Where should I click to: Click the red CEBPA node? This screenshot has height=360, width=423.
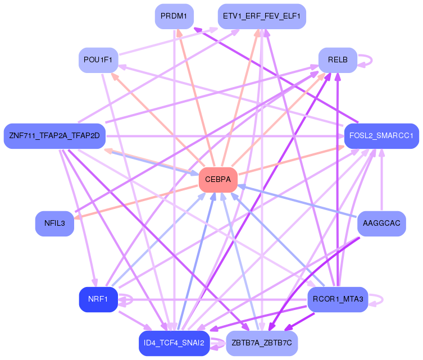(x=218, y=180)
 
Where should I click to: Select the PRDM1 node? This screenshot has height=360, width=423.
(x=174, y=16)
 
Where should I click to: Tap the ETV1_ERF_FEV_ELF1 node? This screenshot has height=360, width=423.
(x=262, y=16)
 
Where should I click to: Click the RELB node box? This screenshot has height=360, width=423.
(x=338, y=60)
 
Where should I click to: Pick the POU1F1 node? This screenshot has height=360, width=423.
(x=98, y=60)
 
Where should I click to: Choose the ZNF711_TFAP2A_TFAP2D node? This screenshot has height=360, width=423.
(x=54, y=136)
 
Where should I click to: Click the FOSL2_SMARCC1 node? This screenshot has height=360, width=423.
(x=381, y=136)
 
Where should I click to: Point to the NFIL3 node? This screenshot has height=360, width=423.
(x=54, y=224)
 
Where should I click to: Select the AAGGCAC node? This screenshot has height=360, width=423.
(x=381, y=224)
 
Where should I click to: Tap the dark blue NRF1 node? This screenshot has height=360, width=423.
(x=98, y=299)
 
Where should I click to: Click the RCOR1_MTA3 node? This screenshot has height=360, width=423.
(x=338, y=299)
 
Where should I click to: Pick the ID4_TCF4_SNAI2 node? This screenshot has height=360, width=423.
(x=174, y=343)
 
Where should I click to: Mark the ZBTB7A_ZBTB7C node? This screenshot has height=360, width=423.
(x=262, y=343)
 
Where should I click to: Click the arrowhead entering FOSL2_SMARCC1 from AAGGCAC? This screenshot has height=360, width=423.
(x=382, y=153)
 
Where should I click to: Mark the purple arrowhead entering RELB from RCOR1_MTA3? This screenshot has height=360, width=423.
(x=338, y=77)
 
